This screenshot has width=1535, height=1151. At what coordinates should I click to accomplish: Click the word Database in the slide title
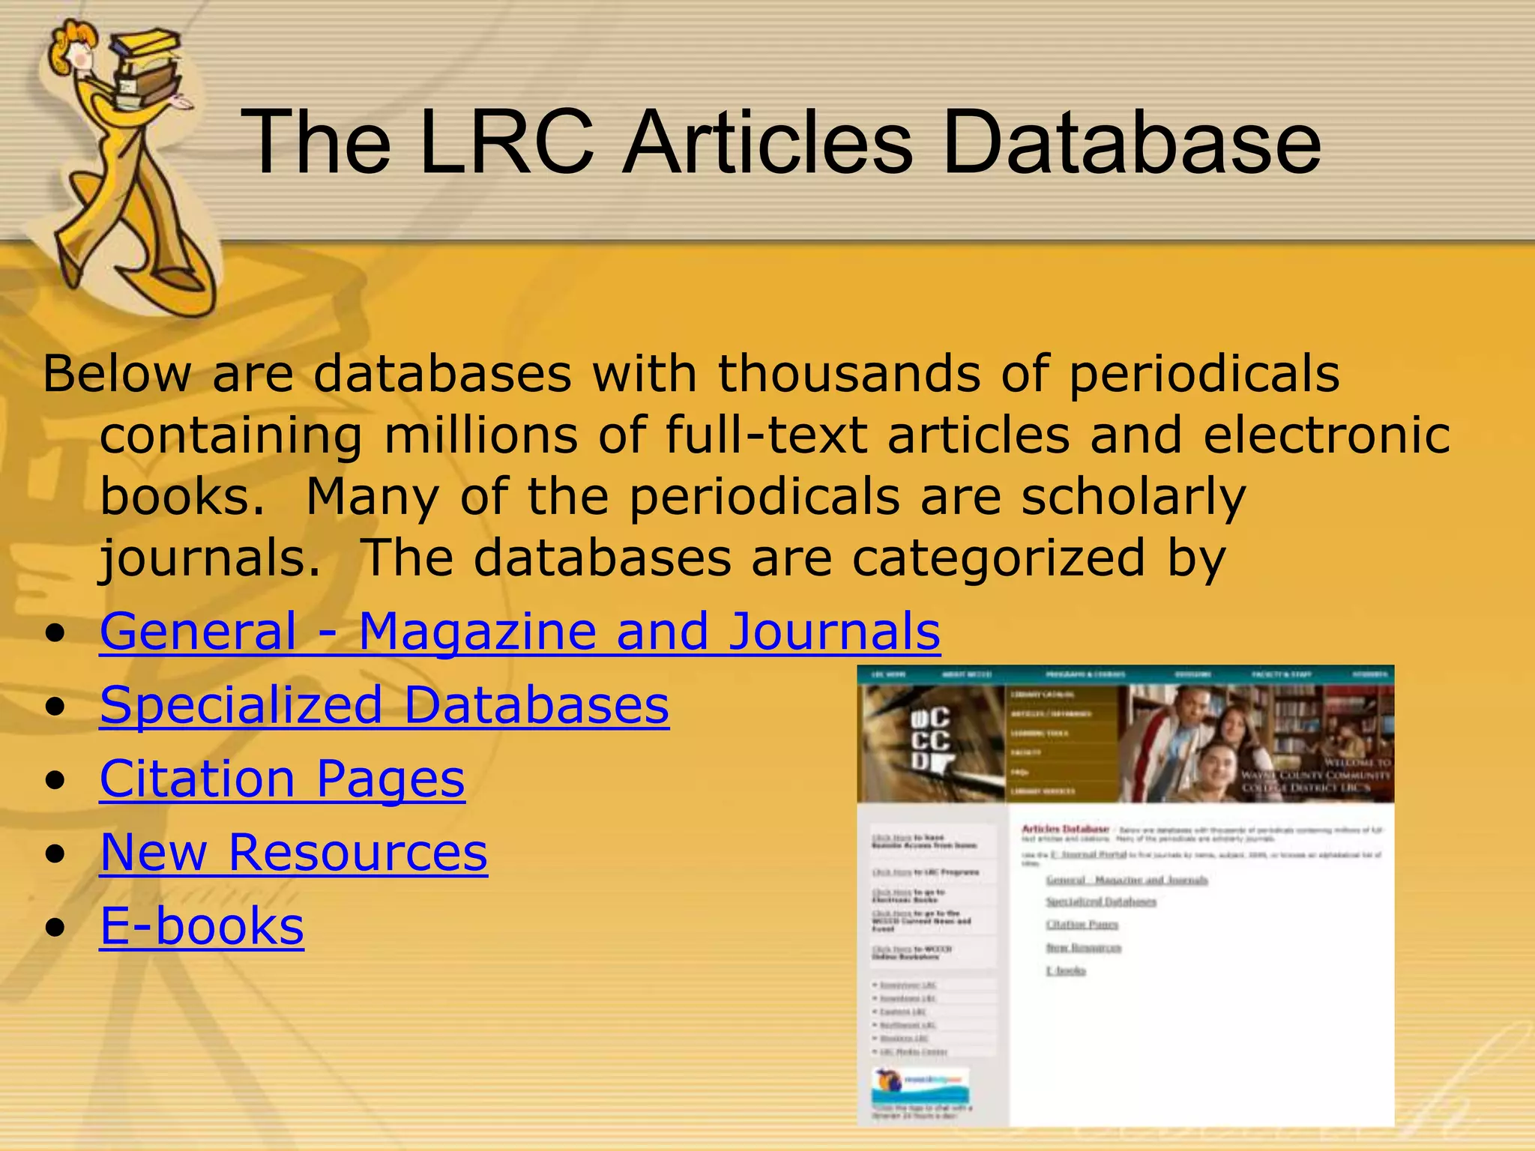point(1132,142)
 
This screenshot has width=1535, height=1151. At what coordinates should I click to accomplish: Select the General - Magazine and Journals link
point(519,631)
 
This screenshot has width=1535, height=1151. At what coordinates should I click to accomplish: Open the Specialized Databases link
point(384,705)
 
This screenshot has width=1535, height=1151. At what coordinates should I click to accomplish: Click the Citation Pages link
point(282,779)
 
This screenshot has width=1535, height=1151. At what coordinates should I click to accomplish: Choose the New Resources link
point(293,852)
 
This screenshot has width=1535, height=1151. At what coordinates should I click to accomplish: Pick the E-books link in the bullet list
point(202,925)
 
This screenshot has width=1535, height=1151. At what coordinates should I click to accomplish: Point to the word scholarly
point(1133,497)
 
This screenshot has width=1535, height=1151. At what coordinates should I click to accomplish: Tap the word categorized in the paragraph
point(998,558)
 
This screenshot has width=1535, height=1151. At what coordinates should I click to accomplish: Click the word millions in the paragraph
point(480,435)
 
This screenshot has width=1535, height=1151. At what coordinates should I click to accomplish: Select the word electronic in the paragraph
point(1327,435)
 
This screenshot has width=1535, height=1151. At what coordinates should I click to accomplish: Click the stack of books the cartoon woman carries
point(147,67)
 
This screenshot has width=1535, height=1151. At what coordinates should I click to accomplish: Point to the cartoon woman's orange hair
point(71,37)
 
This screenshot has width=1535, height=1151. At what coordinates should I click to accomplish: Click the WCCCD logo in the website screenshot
point(930,739)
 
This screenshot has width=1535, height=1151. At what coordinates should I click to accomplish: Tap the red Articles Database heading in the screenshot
point(1064,829)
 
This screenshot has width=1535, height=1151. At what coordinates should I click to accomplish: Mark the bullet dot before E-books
point(54,928)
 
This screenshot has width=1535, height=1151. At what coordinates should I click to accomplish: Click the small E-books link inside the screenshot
point(1066,970)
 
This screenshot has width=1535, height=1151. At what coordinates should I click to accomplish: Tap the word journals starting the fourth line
point(210,558)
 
